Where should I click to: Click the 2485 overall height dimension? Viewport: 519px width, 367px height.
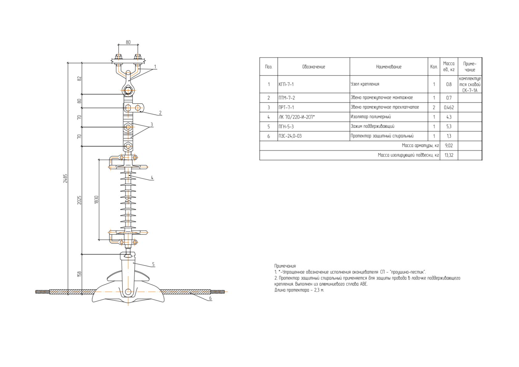click(x=65, y=178)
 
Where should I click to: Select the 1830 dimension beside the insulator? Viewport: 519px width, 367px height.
click(x=96, y=200)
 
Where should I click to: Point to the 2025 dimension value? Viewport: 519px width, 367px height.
click(x=80, y=200)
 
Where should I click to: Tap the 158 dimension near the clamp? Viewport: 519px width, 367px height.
click(x=80, y=274)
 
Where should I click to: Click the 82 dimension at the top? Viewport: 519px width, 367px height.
click(x=80, y=79)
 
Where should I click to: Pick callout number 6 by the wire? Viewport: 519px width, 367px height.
click(x=210, y=298)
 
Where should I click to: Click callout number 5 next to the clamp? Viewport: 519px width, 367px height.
click(x=153, y=264)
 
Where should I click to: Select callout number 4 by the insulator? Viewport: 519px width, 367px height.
click(x=152, y=178)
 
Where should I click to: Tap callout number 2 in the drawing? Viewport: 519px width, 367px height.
click(x=160, y=112)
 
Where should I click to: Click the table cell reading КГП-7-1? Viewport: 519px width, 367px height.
click(x=286, y=84)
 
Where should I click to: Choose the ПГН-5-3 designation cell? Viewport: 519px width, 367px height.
click(x=286, y=127)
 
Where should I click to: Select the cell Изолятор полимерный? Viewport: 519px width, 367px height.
click(x=371, y=117)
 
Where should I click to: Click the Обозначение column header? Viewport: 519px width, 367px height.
click(x=314, y=67)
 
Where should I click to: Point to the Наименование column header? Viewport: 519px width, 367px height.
click(x=389, y=67)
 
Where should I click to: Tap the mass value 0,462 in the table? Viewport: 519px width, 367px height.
click(x=449, y=108)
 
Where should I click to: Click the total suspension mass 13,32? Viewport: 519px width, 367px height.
click(x=449, y=155)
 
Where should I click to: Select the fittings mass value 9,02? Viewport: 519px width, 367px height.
click(x=449, y=145)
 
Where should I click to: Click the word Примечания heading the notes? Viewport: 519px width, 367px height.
click(x=285, y=266)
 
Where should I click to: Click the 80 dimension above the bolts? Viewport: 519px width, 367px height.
click(x=128, y=42)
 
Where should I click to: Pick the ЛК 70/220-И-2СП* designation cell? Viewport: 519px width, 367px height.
click(x=296, y=117)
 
